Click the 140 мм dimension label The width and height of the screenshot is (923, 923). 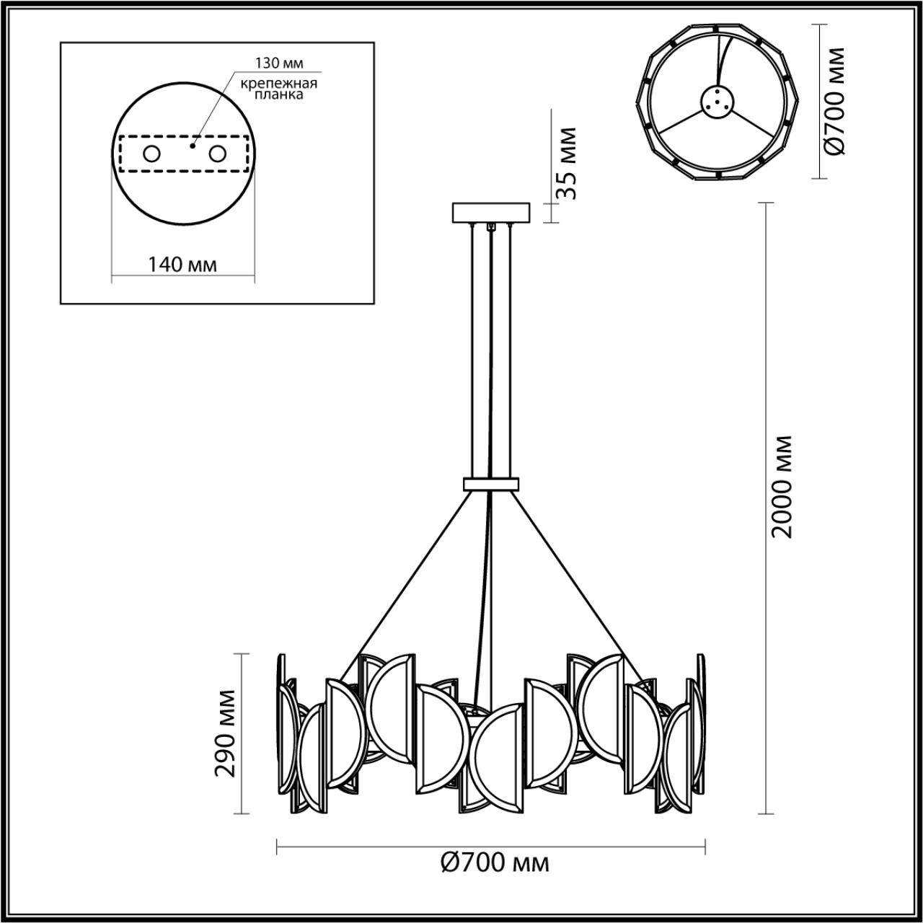click(182, 265)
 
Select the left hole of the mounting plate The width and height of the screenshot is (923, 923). click(152, 154)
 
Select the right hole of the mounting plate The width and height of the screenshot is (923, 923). click(217, 154)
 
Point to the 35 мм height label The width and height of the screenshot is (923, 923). click(568, 164)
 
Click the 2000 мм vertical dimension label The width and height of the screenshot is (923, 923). click(782, 486)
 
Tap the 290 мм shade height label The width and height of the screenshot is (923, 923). click(226, 733)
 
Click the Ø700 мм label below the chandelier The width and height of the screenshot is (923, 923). click(494, 862)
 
